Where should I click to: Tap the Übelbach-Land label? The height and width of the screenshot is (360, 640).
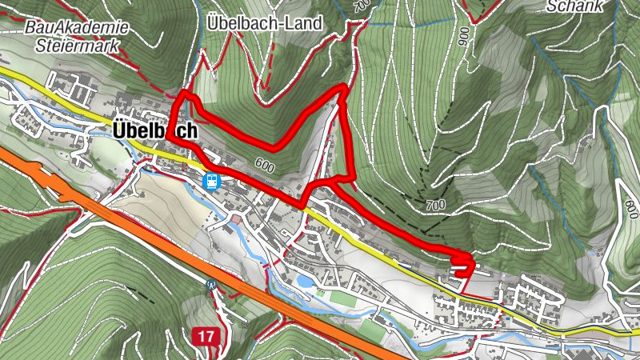[x=263, y=23]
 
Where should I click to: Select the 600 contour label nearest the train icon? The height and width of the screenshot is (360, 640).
[x=266, y=166]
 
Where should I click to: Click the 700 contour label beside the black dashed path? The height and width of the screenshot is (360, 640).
[x=436, y=206]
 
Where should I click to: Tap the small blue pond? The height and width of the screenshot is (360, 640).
[x=305, y=282]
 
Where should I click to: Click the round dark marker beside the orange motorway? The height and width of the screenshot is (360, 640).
[x=211, y=284]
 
